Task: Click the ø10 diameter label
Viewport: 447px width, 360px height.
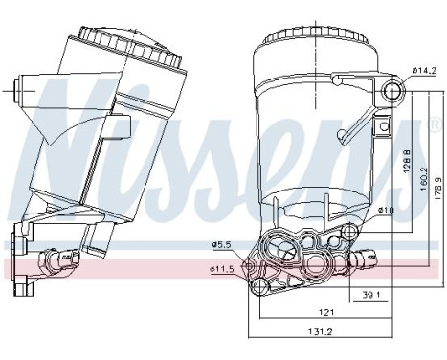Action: pos(386,210)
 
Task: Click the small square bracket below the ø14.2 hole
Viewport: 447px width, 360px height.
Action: pos(384,124)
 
